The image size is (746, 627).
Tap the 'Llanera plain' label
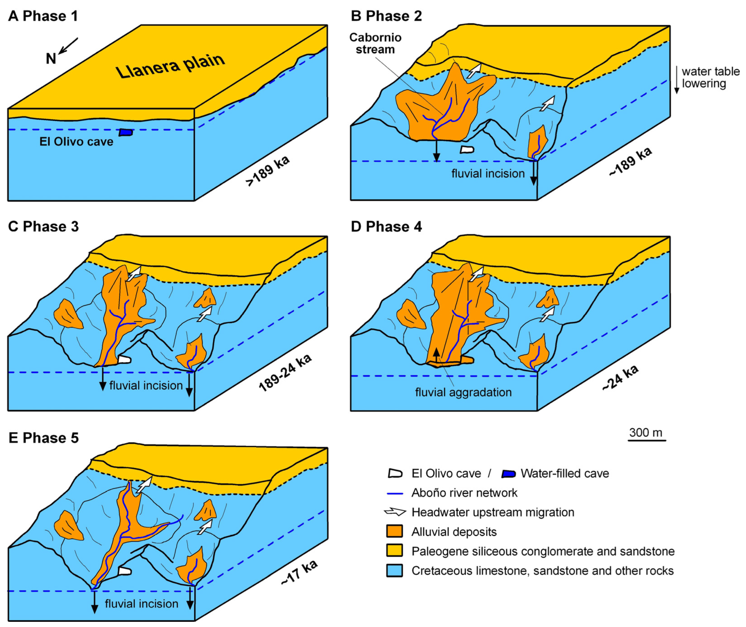pos(170,66)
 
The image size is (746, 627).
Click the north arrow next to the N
pos(68,46)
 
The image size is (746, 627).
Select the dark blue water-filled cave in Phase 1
pos(125,132)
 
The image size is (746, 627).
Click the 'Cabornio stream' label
pos(375,43)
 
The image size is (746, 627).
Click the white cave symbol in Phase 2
pos(467,150)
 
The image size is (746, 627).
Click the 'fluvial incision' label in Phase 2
pos(488,173)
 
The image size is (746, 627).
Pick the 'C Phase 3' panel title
pos(43,227)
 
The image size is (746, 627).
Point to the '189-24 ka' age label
pos(285,373)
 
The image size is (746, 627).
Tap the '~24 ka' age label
pos(620,378)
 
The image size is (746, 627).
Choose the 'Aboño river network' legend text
pos(464,493)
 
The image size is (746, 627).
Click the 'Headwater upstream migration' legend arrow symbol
pos(395,512)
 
